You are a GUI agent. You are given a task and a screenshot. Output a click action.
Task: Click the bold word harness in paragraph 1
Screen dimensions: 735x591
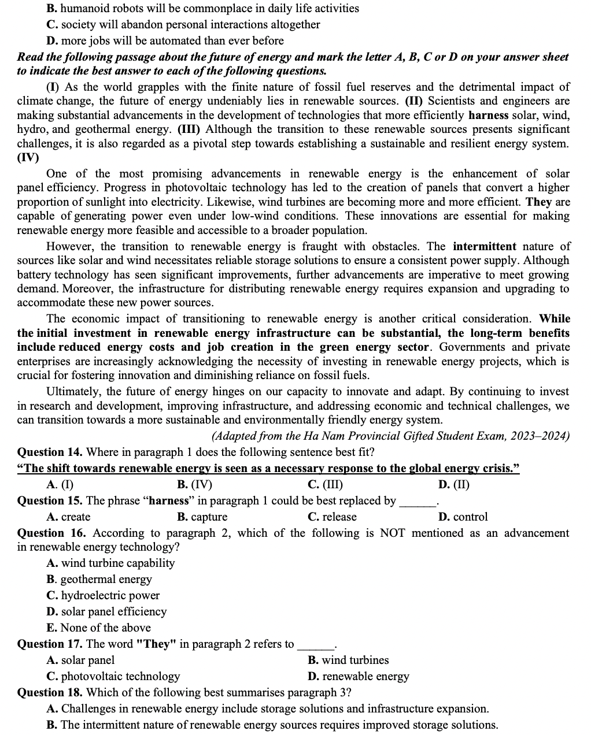point(488,116)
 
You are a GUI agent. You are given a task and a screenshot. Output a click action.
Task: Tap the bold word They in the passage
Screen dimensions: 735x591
point(538,202)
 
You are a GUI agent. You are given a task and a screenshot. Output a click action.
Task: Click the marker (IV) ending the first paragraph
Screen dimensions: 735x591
point(28,158)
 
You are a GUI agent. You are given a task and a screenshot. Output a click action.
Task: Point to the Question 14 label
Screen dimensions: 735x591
point(51,452)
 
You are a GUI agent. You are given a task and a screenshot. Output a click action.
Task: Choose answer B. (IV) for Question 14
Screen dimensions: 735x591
point(194,485)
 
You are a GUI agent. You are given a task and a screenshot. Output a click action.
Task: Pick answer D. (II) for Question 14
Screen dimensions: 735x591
point(454,485)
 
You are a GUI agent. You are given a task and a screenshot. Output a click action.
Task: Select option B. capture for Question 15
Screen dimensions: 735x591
point(202,517)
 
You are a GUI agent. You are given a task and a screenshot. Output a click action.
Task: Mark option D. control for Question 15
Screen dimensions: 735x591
point(463,517)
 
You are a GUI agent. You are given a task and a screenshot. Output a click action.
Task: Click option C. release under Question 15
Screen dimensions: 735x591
point(332,517)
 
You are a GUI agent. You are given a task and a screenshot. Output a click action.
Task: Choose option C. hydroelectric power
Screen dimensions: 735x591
point(103,596)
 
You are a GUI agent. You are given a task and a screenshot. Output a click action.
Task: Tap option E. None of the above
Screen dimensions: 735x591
point(98,628)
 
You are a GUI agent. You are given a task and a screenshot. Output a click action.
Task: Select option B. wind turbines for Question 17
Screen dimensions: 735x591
point(348,660)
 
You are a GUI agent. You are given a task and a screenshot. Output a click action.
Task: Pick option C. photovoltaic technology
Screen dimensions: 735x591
point(113,677)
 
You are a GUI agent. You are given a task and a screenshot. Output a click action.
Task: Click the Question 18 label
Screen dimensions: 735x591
point(51,693)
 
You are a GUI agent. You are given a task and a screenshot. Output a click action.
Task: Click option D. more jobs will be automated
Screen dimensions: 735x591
point(165,41)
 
